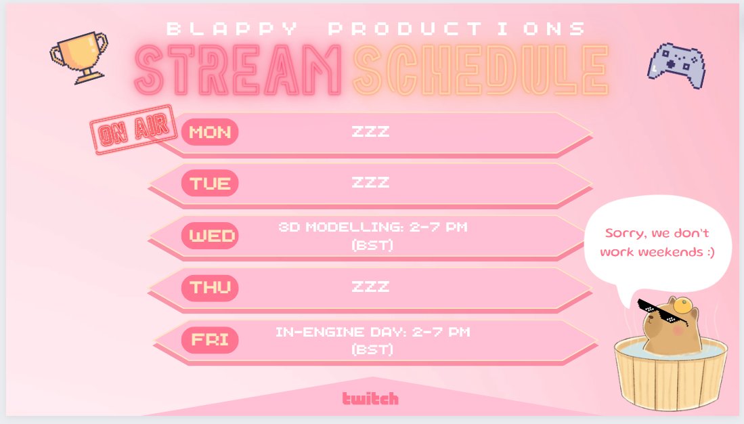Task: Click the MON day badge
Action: coord(210,131)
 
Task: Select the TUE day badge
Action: coord(210,183)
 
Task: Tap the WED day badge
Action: coord(210,236)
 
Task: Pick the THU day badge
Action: coord(210,287)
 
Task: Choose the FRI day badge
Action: coord(210,339)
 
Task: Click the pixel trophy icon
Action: coord(79,56)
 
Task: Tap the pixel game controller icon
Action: coord(678,65)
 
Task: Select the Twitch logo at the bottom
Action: coord(370,398)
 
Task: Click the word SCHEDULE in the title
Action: coord(480,70)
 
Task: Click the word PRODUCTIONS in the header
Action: coord(457,29)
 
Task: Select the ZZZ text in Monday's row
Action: coord(370,131)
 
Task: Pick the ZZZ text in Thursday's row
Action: coord(370,287)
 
